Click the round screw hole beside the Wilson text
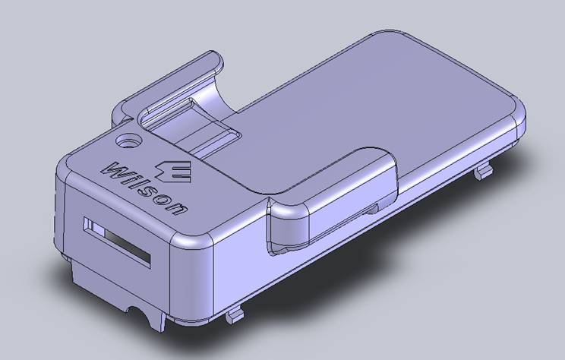128,142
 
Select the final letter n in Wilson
176,207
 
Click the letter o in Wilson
165,200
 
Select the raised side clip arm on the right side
327,201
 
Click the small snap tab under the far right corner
482,172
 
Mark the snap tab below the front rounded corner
235,312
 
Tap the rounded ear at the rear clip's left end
119,114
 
